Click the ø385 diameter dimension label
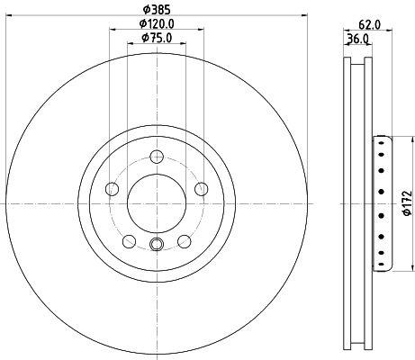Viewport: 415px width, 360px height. pos(157,10)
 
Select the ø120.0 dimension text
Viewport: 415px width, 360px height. pos(157,23)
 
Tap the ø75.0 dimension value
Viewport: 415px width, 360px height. pos(157,38)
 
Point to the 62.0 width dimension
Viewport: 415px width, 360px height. pos(369,24)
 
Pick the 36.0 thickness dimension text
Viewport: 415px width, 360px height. pos(357,39)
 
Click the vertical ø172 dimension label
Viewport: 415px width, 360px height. pos(407,203)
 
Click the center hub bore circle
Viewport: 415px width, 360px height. pos(157,203)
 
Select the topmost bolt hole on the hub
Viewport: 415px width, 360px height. pos(157,157)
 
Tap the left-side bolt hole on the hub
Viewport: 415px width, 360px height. pos(113,189)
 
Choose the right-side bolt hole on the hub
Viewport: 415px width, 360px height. pos(201,189)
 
